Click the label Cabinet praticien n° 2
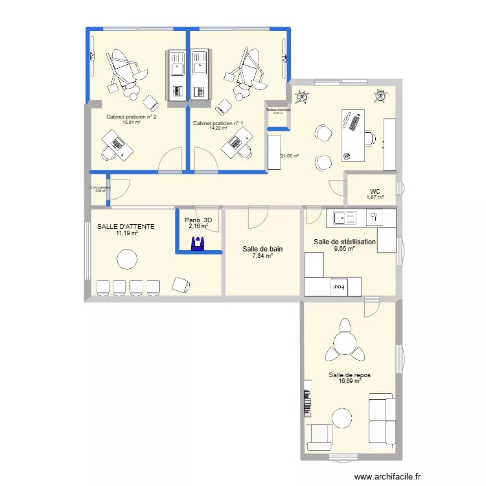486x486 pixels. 132,117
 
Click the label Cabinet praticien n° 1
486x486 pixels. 218,123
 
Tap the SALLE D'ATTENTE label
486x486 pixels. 126,226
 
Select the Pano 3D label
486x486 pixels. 198,220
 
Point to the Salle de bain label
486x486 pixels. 262,249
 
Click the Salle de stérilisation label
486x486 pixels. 344,242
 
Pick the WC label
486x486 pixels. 375,191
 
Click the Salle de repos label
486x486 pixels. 349,375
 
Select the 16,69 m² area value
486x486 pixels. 349,381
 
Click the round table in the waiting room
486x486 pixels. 126,260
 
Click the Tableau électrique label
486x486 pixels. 278,110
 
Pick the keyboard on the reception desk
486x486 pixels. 354,121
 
